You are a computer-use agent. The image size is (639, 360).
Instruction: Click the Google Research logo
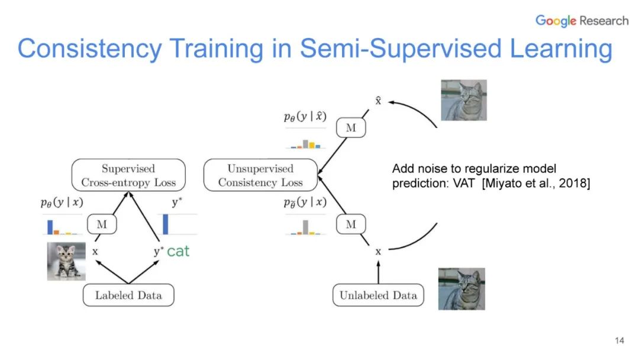pos(582,21)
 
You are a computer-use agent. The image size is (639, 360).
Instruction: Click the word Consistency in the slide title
pos(89,49)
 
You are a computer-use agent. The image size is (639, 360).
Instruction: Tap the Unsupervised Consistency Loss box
pos(260,176)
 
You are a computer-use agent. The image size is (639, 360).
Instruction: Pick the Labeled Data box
pos(128,295)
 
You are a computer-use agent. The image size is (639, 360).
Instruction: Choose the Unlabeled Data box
pos(378,295)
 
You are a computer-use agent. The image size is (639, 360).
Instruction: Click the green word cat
pos(178,251)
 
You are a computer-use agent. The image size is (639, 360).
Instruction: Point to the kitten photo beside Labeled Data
pos(66,261)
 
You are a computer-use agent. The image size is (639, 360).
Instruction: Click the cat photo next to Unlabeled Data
pos(461,288)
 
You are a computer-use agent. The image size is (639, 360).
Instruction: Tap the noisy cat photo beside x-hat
pos(463,100)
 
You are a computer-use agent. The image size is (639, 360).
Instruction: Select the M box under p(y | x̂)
pos(351,127)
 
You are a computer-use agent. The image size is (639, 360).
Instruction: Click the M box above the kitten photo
pos(102,224)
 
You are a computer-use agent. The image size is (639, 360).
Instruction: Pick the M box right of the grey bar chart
pos(351,224)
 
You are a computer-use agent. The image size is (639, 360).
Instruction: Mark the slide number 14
pos(619,340)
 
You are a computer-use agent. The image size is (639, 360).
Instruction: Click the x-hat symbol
pos(379,101)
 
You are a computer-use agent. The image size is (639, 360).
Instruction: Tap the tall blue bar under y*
pos(165,224)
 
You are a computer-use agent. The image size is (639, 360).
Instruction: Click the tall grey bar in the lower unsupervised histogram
pos(305,227)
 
